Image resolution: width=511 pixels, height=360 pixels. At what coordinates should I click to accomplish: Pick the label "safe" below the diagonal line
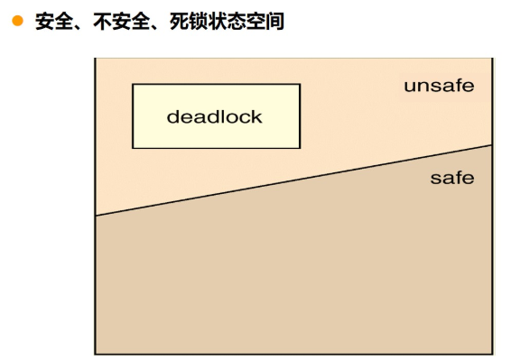pos(451,178)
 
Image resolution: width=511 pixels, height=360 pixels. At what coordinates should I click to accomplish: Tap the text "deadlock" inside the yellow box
pos(215,116)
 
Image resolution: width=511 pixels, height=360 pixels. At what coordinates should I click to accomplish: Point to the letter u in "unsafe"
pos(409,87)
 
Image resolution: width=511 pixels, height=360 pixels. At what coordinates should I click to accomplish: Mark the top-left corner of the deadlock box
pos(133,84)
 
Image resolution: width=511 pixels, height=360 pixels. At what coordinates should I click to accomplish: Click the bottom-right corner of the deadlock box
pos(300,148)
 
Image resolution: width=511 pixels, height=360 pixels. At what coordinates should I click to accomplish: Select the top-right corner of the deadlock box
pos(300,84)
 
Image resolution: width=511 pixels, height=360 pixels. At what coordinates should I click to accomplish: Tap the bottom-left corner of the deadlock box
pos(133,148)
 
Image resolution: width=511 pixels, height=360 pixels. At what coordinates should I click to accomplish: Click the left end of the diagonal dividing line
pos(96,216)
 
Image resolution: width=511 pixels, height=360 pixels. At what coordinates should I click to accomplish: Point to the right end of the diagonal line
pos(492,144)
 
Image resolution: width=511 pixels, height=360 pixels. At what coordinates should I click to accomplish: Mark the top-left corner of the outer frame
pos(96,59)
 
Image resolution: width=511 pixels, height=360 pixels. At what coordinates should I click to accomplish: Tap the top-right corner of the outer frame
pos(492,59)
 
